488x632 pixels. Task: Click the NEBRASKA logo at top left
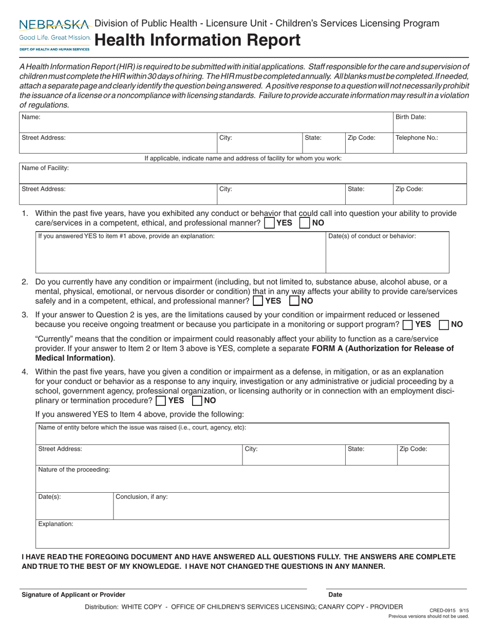pos(55,25)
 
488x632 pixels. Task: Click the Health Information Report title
pos(198,40)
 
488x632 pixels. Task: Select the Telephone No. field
pos(429,143)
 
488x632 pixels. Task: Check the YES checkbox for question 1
pos(269,224)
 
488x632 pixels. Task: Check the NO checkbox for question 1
pos(305,224)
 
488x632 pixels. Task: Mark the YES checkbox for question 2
pos(258,301)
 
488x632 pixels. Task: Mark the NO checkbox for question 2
pos(294,301)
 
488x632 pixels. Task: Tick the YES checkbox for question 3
pos(408,325)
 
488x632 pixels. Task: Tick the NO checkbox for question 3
pos(444,325)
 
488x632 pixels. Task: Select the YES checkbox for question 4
pos(161,400)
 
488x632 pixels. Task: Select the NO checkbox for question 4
pos(197,400)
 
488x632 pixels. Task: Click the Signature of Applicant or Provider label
pos(73,594)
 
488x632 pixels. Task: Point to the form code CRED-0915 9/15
pos(448,610)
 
